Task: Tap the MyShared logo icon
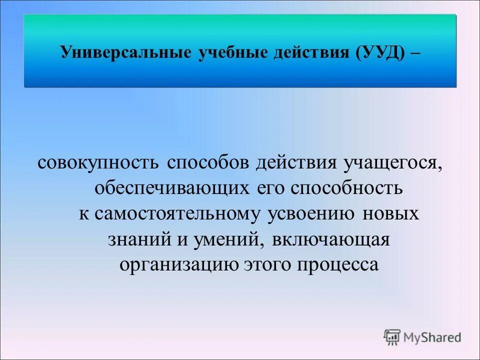click(392, 337)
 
